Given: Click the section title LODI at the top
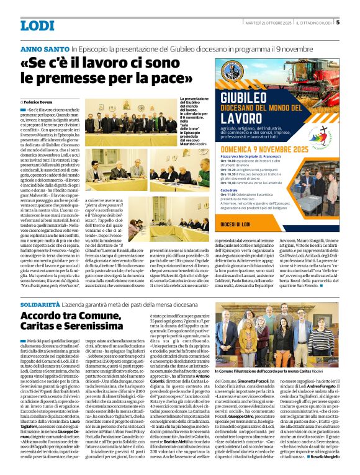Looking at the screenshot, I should (37, 25).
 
